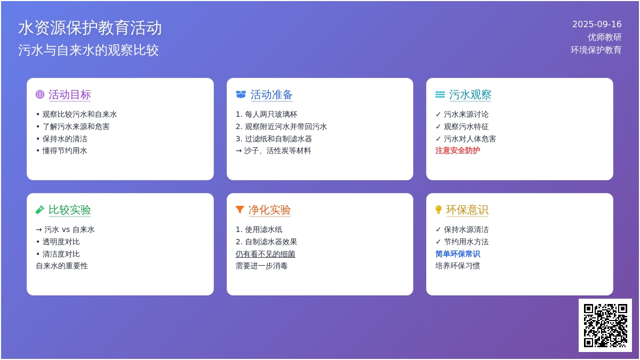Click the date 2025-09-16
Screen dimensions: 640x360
coord(597,25)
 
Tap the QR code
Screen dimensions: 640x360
coord(605,325)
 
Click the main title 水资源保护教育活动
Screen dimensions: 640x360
coord(90,28)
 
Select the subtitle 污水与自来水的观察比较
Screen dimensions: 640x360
coord(89,50)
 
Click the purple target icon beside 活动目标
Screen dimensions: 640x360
coord(40,94)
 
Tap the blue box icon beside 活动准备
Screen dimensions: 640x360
coord(241,94)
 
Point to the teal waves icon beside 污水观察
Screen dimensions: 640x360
coord(440,94)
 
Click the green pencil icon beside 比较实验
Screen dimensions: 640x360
coord(40,210)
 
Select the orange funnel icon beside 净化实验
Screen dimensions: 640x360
coord(239,210)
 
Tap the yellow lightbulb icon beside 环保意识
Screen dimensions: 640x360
coord(438,210)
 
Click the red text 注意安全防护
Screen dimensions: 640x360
coord(458,150)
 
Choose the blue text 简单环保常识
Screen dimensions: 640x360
coord(458,254)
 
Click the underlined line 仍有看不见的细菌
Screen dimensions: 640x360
coord(266,254)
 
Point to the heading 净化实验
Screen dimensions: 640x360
coord(269,210)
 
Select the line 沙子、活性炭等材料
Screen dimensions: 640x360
coord(274,150)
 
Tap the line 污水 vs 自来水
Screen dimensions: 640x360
coord(65,229)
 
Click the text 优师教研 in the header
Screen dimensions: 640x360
coord(604,37)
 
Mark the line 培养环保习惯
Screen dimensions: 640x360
coord(458,266)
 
